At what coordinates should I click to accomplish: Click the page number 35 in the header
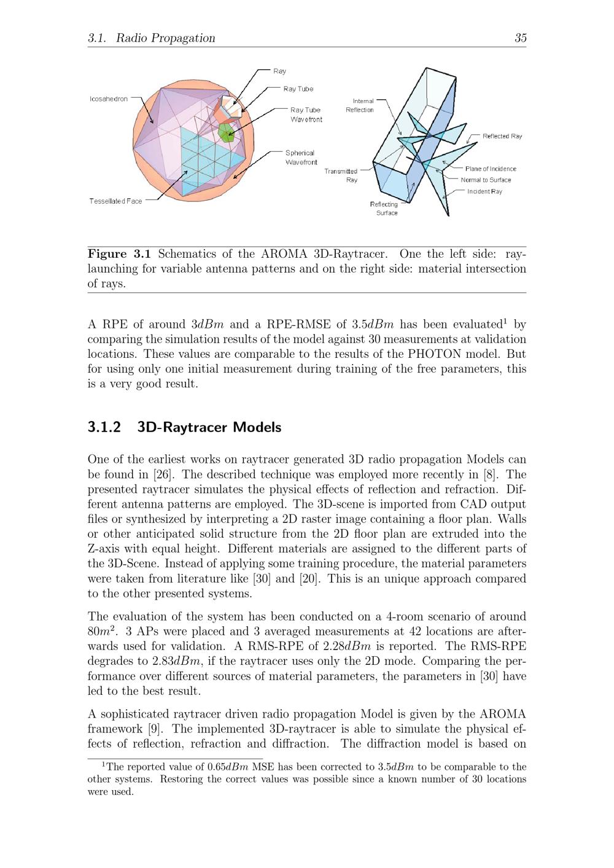coord(520,38)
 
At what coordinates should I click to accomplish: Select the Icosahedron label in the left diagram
coord(109,99)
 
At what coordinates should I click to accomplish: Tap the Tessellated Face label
coord(115,201)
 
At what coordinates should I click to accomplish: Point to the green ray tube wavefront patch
coord(226,131)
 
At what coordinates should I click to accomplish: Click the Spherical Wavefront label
coord(300,157)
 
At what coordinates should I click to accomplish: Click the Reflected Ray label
coord(502,136)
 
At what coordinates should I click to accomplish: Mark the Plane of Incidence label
coord(491,169)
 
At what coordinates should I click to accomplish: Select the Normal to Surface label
coord(486,180)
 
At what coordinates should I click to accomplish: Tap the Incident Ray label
coord(484,192)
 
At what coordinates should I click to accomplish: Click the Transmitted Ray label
coord(343,176)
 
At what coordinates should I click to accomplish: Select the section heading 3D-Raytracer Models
coord(209,427)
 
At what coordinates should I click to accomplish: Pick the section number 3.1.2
coord(104,427)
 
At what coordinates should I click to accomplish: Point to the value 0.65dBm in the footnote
coord(223,767)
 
